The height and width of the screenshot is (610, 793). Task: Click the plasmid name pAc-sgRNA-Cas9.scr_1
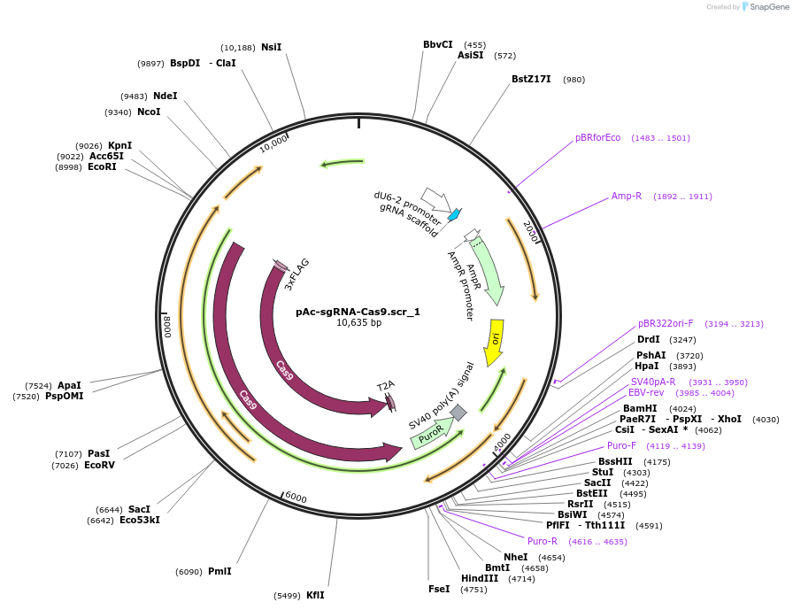pyautogui.click(x=358, y=312)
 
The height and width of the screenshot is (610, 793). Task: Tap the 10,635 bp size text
pyautogui.click(x=358, y=323)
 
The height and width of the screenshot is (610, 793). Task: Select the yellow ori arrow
pyautogui.click(x=496, y=342)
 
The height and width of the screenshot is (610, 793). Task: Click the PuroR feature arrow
pyautogui.click(x=432, y=434)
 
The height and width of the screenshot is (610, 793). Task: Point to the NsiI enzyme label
pyautogui.click(x=271, y=47)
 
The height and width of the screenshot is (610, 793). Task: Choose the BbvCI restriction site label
pyautogui.click(x=437, y=44)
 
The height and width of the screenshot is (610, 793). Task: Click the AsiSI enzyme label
pyautogui.click(x=470, y=55)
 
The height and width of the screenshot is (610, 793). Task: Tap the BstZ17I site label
pyautogui.click(x=531, y=79)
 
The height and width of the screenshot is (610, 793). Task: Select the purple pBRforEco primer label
pyautogui.click(x=597, y=137)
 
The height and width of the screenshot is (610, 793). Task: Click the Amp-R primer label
pyautogui.click(x=626, y=196)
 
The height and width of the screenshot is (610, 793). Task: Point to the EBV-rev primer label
pyautogui.click(x=646, y=392)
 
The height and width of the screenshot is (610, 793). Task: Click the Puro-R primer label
pyautogui.click(x=543, y=541)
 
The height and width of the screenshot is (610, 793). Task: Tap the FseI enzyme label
pyautogui.click(x=438, y=589)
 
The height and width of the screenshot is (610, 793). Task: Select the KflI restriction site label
pyautogui.click(x=315, y=595)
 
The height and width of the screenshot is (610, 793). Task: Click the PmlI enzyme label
pyautogui.click(x=219, y=571)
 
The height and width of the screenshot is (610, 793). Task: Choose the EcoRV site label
pyautogui.click(x=99, y=465)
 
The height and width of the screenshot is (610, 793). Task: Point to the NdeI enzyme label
pyautogui.click(x=165, y=96)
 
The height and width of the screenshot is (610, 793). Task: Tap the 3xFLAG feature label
pyautogui.click(x=297, y=274)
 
